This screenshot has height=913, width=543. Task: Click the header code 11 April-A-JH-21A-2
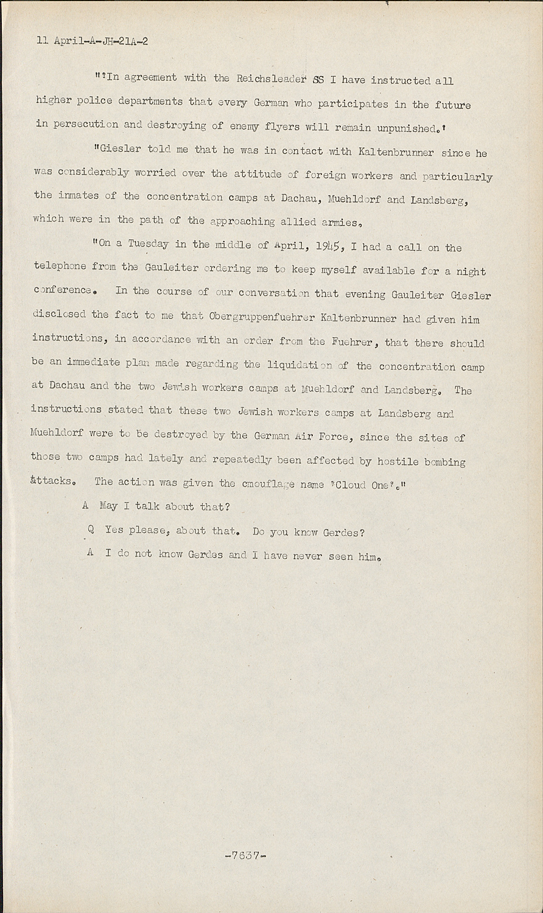pos(93,41)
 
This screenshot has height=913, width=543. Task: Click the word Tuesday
pos(149,244)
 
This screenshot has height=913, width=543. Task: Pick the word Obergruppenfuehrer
pos(261,317)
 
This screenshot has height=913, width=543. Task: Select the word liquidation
pos(300,365)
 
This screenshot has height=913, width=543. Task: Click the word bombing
pos(446,461)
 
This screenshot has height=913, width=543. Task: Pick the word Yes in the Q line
pos(114,530)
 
